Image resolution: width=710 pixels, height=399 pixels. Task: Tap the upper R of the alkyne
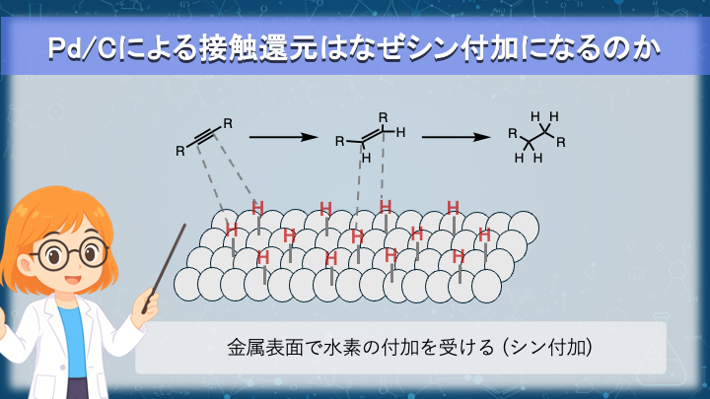228,122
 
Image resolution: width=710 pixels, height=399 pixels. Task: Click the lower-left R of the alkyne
179,152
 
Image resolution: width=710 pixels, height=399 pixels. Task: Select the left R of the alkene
339,142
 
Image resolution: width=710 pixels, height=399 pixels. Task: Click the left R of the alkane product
512,132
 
